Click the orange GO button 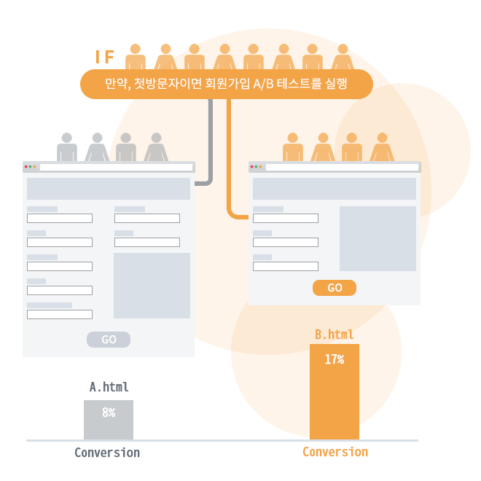tap(335, 288)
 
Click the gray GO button tap(109, 340)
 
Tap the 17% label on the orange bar tap(335, 359)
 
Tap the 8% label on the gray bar tap(109, 412)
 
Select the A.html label tap(109, 387)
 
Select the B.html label tap(335, 335)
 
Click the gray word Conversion tap(107, 453)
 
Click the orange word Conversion tap(335, 452)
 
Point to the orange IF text tap(105, 57)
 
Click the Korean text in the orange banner tap(226, 83)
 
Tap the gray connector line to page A tap(211, 144)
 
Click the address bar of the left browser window tap(117, 167)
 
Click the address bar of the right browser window tap(342, 167)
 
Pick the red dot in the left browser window tap(26, 167)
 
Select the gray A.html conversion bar tap(109, 420)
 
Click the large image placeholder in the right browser tap(378, 238)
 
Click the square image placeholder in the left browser tap(152, 286)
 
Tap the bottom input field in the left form tap(60, 314)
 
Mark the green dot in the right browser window tap(256, 167)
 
